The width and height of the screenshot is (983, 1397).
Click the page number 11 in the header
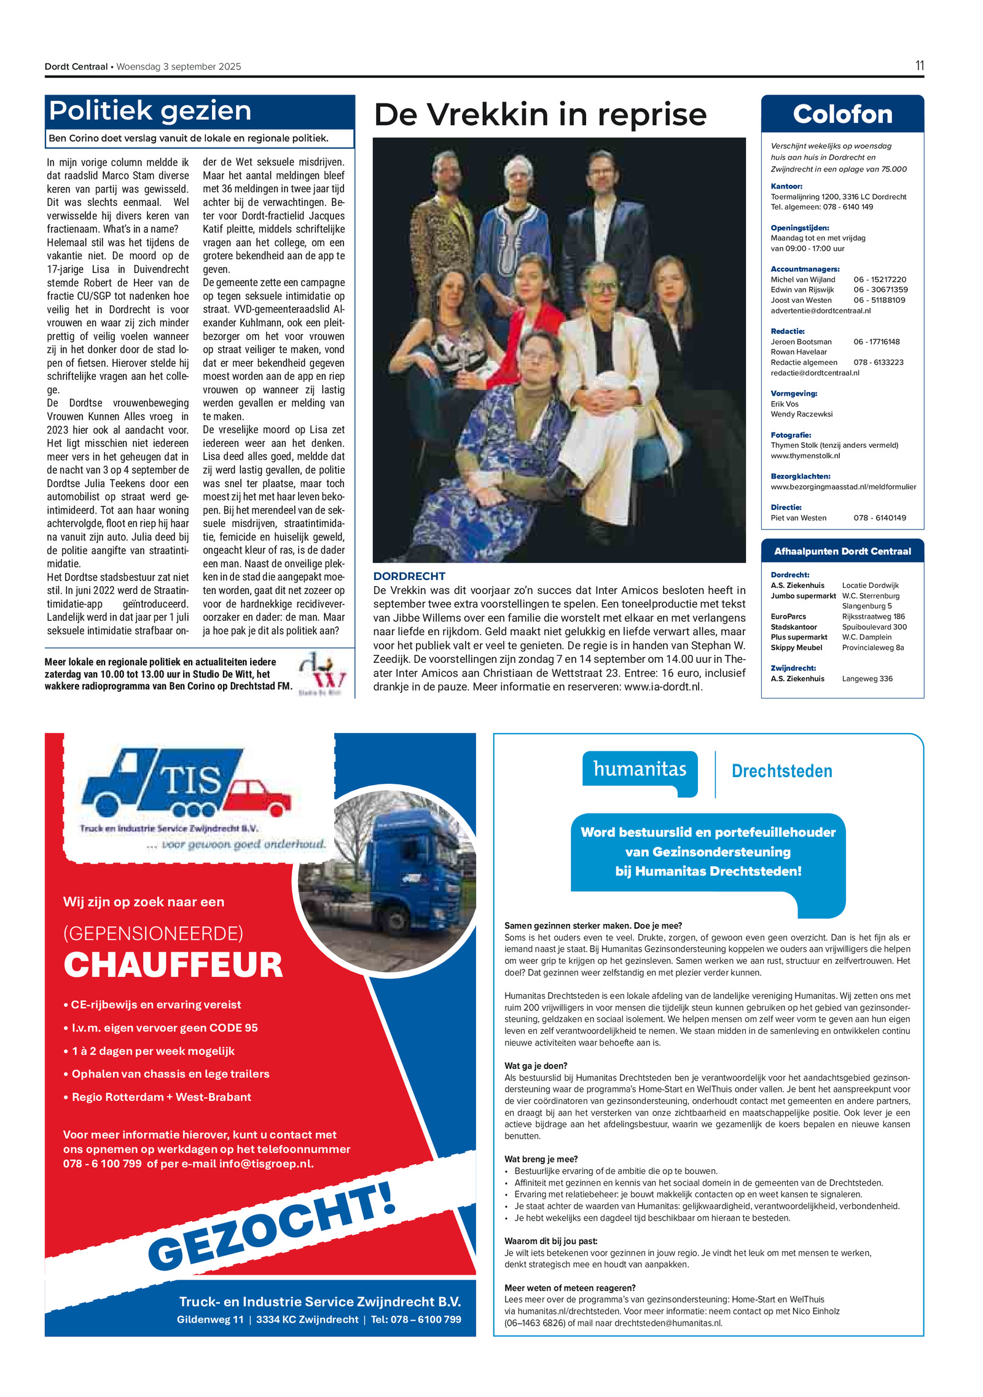[919, 66]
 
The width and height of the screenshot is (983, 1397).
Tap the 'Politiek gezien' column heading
[151, 111]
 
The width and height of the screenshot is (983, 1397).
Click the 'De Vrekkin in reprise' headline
[540, 115]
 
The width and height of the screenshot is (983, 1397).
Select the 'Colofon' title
[842, 115]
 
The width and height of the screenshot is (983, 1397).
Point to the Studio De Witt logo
[321, 674]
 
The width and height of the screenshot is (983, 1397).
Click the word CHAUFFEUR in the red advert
[173, 965]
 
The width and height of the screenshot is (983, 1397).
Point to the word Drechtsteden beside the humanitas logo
[781, 771]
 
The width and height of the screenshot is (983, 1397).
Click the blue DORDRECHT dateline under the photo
[409, 576]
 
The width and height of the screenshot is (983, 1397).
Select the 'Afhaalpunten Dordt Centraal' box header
[842, 551]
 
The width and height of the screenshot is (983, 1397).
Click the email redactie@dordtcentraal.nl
[815, 373]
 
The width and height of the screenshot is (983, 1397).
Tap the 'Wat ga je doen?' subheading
[536, 1066]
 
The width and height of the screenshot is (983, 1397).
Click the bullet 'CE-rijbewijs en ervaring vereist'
[156, 1004]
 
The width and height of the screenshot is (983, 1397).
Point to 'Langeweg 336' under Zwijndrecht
[867, 679]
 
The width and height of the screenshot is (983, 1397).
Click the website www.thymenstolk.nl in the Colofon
[805, 456]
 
